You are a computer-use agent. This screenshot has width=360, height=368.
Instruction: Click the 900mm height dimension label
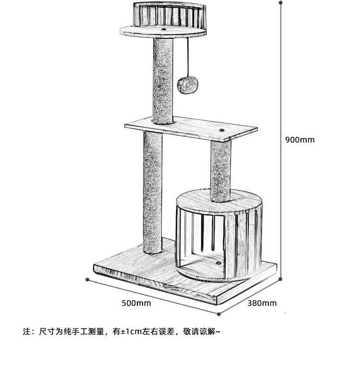pos(300,140)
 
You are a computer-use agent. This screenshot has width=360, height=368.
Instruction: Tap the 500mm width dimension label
pos(136,303)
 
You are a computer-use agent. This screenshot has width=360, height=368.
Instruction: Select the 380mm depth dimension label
pos(262,303)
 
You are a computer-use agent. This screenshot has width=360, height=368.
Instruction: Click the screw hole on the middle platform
pos(223,130)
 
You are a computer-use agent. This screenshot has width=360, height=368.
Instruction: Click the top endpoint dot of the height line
pos(280,2)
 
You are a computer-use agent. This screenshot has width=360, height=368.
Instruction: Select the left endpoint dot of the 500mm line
pos(87,279)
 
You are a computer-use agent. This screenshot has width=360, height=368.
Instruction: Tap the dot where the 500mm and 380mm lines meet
pos(219,315)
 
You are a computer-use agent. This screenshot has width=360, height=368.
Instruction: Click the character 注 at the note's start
pos(26,331)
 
